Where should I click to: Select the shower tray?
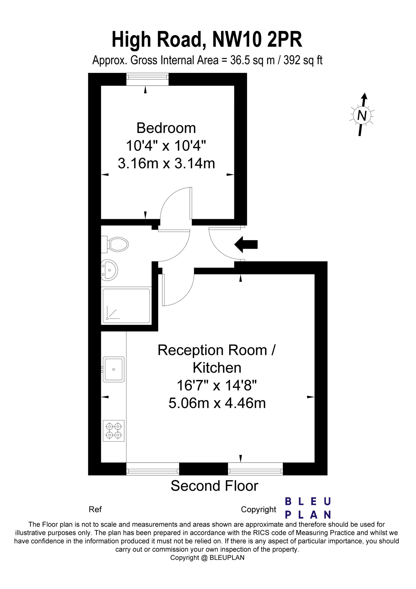pyautogui.click(x=126, y=305)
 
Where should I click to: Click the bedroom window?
pyautogui.click(x=148, y=79)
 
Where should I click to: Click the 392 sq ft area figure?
pyautogui.click(x=303, y=60)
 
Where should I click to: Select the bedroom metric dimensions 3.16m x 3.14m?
pyautogui.click(x=166, y=163)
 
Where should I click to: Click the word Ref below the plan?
pyautogui.click(x=95, y=509)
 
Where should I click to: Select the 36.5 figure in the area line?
pyautogui.click(x=240, y=60)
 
